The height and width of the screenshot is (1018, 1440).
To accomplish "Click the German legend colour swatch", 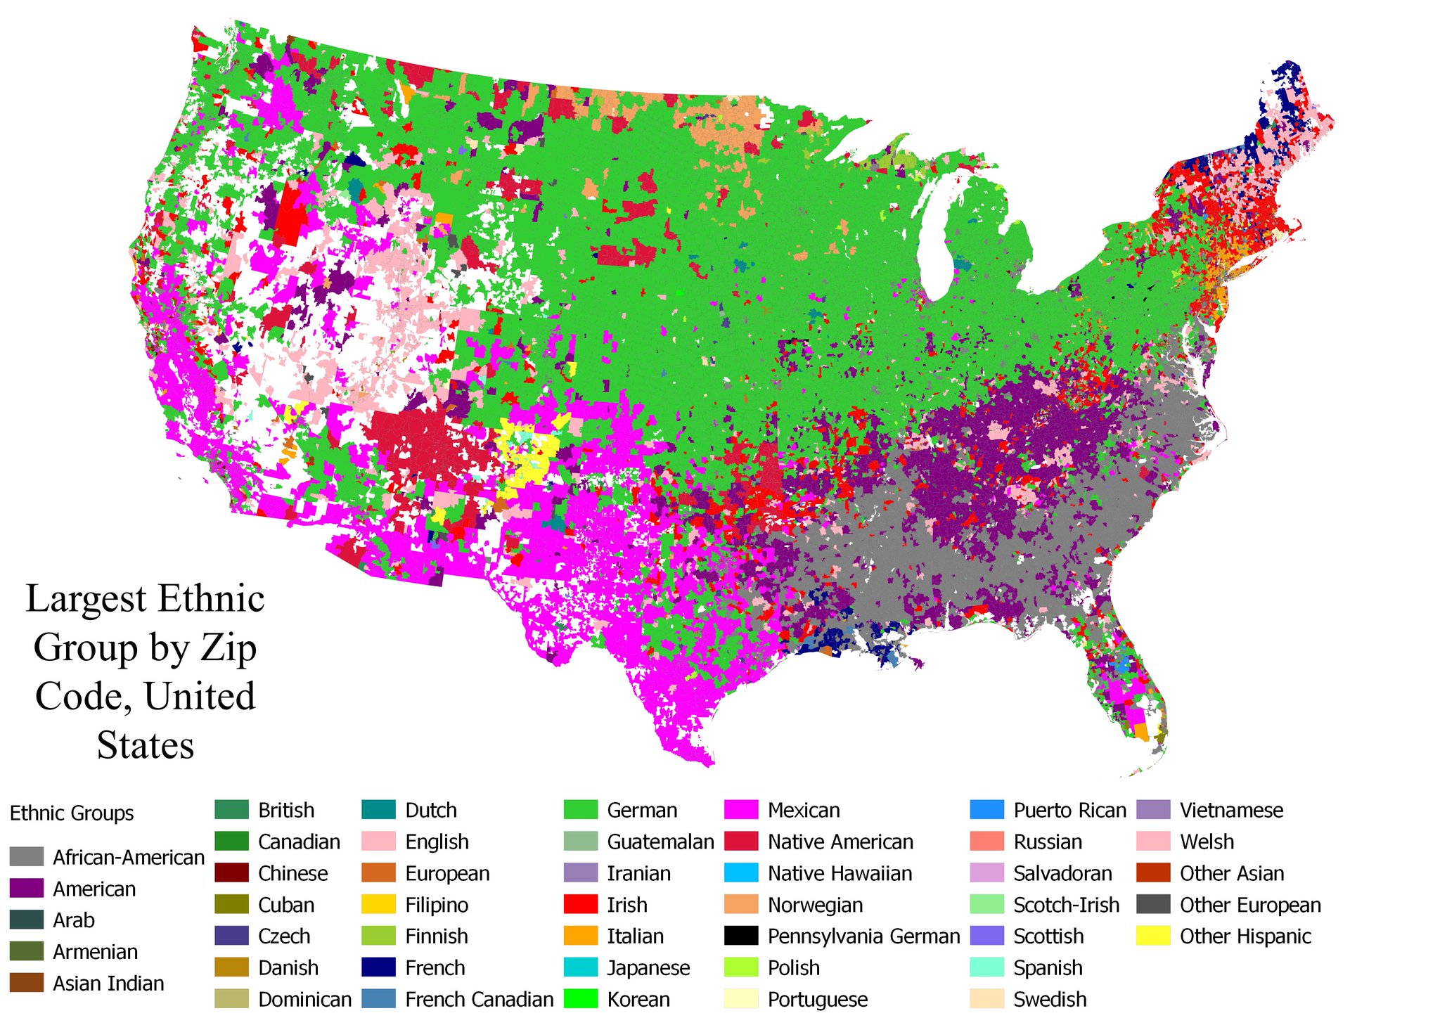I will coord(580,810).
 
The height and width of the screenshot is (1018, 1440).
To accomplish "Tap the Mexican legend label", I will coord(804,811).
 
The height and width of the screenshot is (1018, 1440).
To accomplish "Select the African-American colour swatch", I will coord(27,857).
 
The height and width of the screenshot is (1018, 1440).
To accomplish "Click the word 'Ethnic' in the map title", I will coord(211,599).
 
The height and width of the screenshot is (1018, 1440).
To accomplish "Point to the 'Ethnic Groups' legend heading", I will coord(72,813).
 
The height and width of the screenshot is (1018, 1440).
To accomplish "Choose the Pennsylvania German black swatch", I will coord(741,936).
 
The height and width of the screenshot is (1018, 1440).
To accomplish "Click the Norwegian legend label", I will coord(815,905).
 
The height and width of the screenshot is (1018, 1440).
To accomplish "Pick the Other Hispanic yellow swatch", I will coord(1153,936).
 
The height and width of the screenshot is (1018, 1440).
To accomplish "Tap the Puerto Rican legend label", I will coord(1069,811).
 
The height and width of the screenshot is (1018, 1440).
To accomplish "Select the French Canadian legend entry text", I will coord(479,999).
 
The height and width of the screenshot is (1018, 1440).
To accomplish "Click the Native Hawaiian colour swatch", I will coord(741,873).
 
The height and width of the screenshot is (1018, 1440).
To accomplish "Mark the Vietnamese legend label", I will coord(1231,811).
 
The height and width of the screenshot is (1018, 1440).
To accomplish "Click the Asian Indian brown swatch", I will coord(27,983).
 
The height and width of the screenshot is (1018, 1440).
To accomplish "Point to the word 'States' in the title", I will coord(146,745).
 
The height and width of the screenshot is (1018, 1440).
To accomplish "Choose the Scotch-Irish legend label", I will coord(1066,905).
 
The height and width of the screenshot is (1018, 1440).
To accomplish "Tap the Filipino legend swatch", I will coord(378,905).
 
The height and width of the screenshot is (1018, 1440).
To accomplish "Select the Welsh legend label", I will coord(1207,842).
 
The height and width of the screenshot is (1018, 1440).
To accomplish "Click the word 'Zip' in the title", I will coord(229,647).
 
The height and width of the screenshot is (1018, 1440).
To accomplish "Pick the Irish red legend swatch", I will coord(580,905).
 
